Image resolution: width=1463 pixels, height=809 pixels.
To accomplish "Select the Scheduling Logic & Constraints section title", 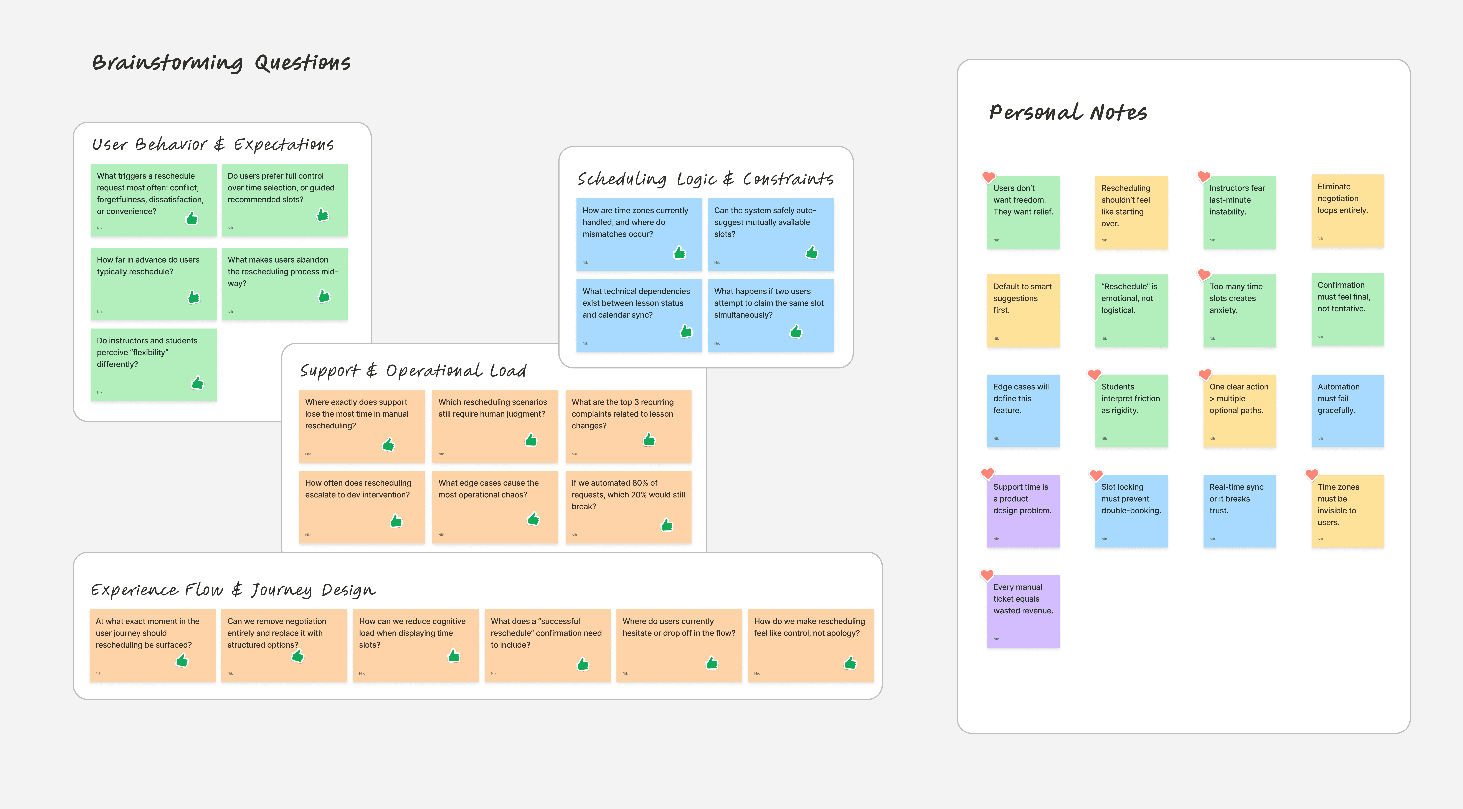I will (705, 179).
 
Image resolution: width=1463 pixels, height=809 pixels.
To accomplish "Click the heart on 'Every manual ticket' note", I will (987, 575).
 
